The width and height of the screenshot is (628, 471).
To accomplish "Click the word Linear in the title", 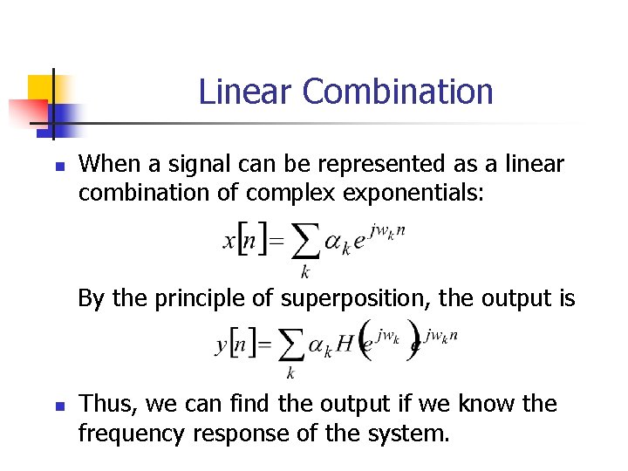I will (x=246, y=92).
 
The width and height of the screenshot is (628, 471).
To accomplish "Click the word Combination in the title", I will (x=398, y=92).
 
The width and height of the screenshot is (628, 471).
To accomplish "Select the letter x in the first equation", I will (x=229, y=242).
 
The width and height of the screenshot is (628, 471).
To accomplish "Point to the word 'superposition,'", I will (x=355, y=299).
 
